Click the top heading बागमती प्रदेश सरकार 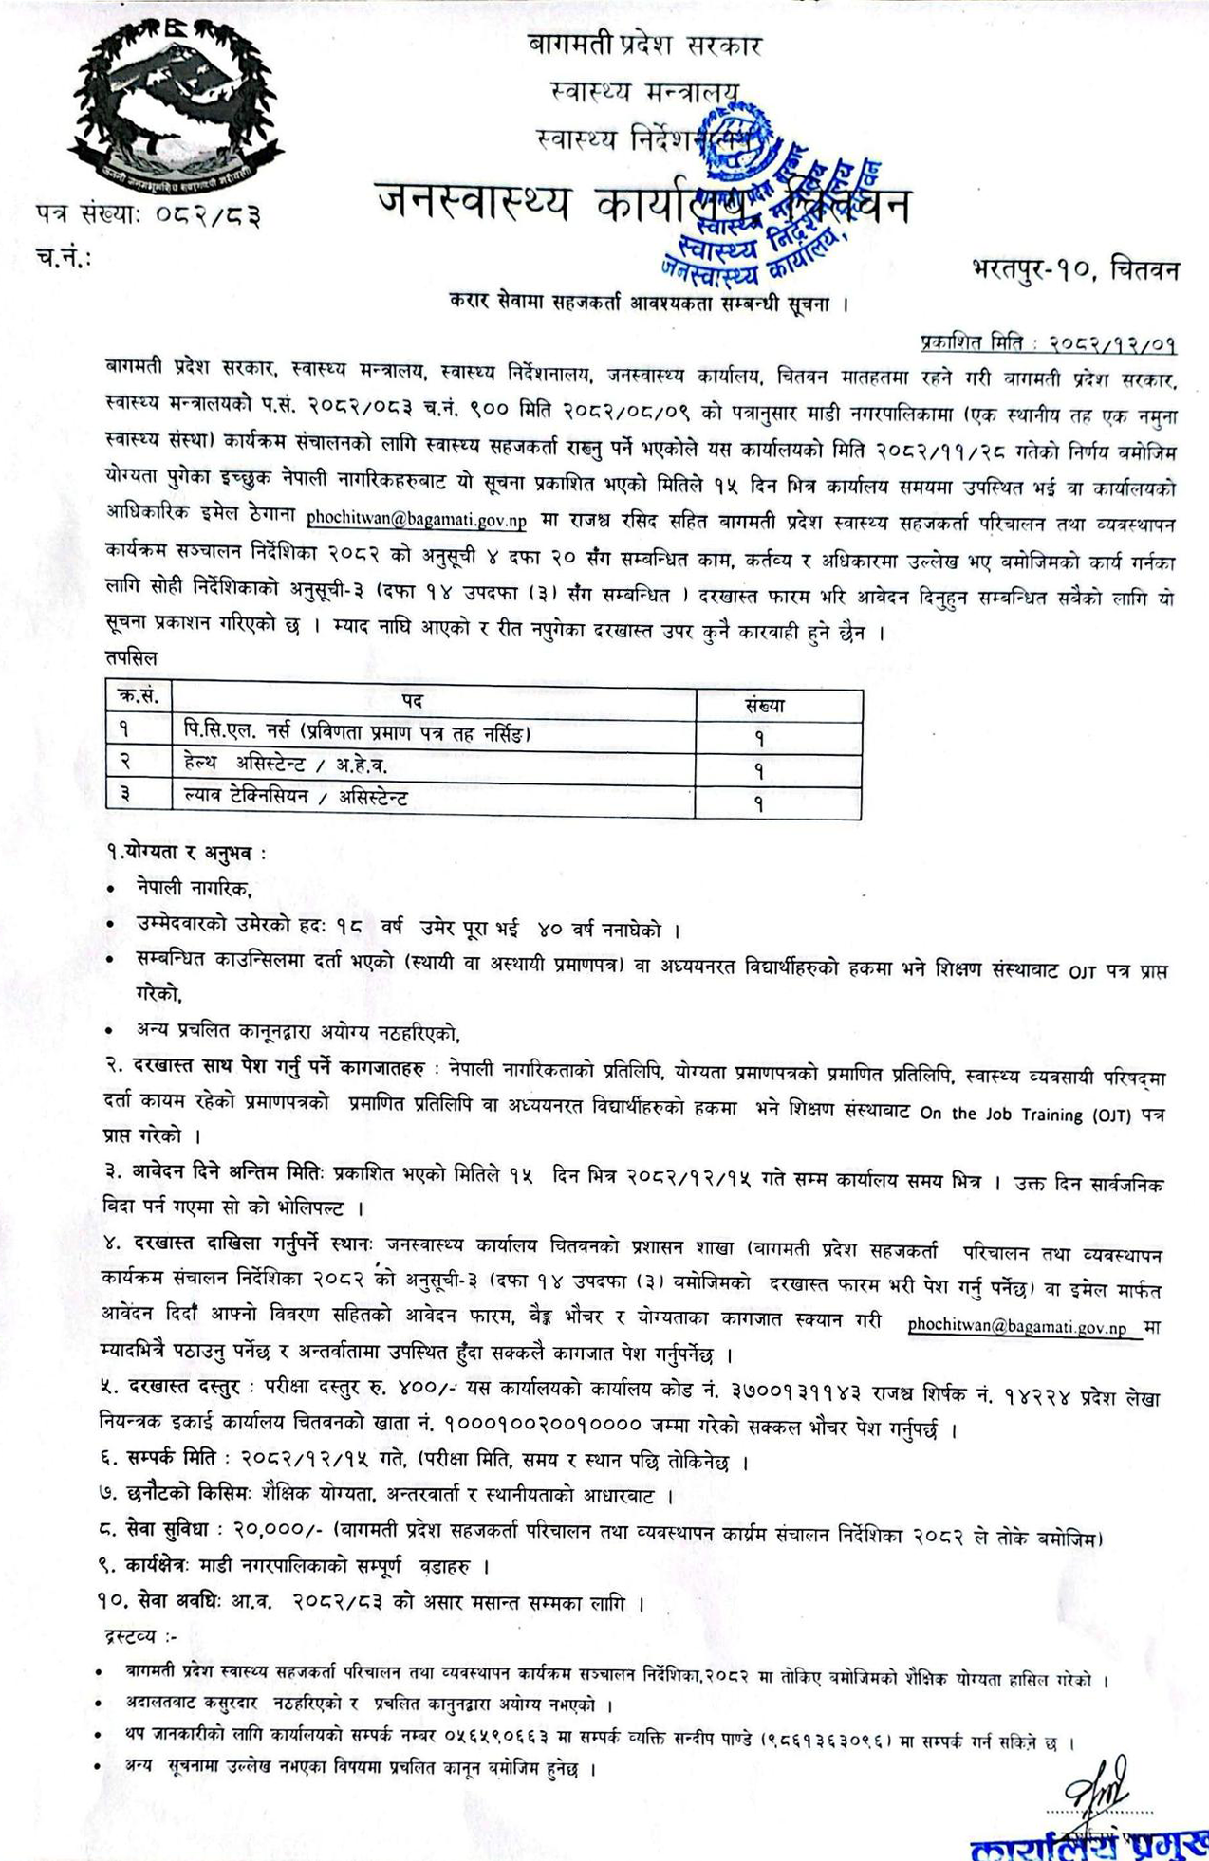(x=644, y=45)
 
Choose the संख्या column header (x=765, y=705)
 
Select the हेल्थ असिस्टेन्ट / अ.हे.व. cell (x=286, y=765)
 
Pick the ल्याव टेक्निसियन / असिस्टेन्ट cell (x=296, y=798)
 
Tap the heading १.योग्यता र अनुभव (x=187, y=853)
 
